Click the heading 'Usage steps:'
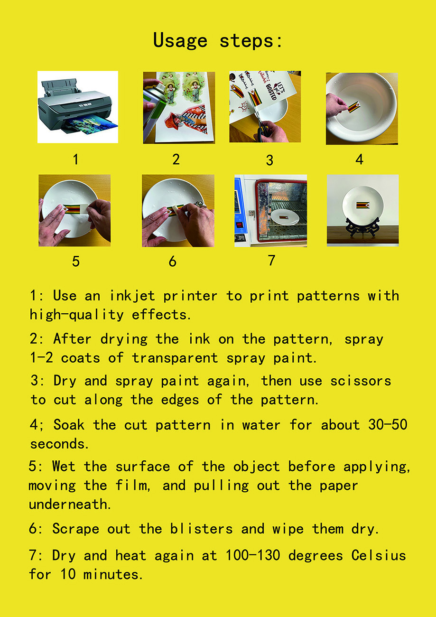pos(218,41)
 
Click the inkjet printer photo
pos(77,107)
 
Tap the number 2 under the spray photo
pos(176,159)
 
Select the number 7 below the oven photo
pos(271,260)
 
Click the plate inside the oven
pos(284,217)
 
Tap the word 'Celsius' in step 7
pos(379,555)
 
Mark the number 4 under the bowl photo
pos(360,159)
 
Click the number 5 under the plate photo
pos(76,261)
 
